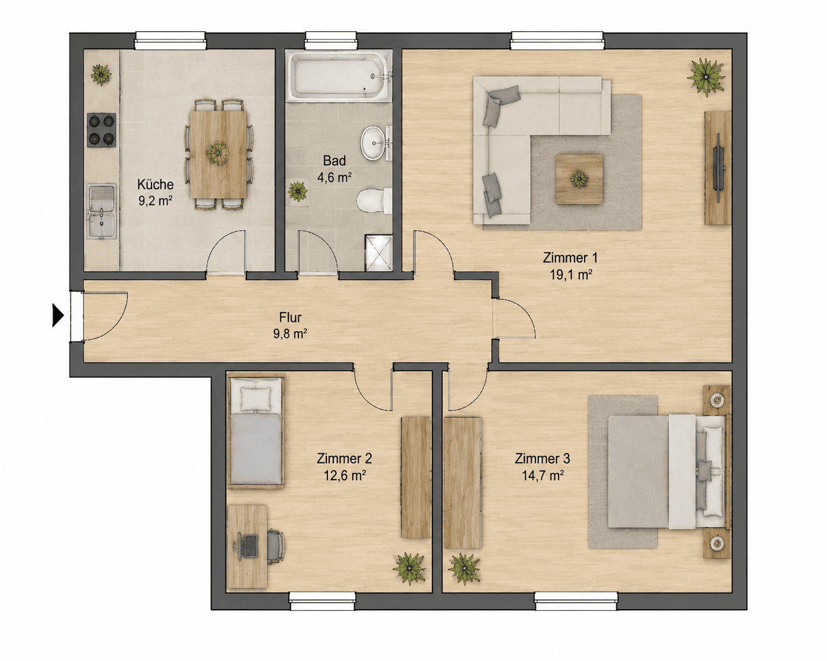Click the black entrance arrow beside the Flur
[57, 316]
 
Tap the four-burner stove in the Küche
[101, 130]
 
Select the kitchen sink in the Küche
[101, 211]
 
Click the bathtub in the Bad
[340, 77]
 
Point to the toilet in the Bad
[374, 200]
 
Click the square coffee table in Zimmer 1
[579, 179]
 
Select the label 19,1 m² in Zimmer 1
[570, 275]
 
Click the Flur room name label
[290, 318]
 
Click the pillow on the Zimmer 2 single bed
[255, 398]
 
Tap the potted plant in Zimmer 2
[409, 569]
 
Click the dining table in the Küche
[218, 154]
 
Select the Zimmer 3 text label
[542, 458]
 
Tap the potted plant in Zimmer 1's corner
[706, 77]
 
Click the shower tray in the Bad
[379, 253]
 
